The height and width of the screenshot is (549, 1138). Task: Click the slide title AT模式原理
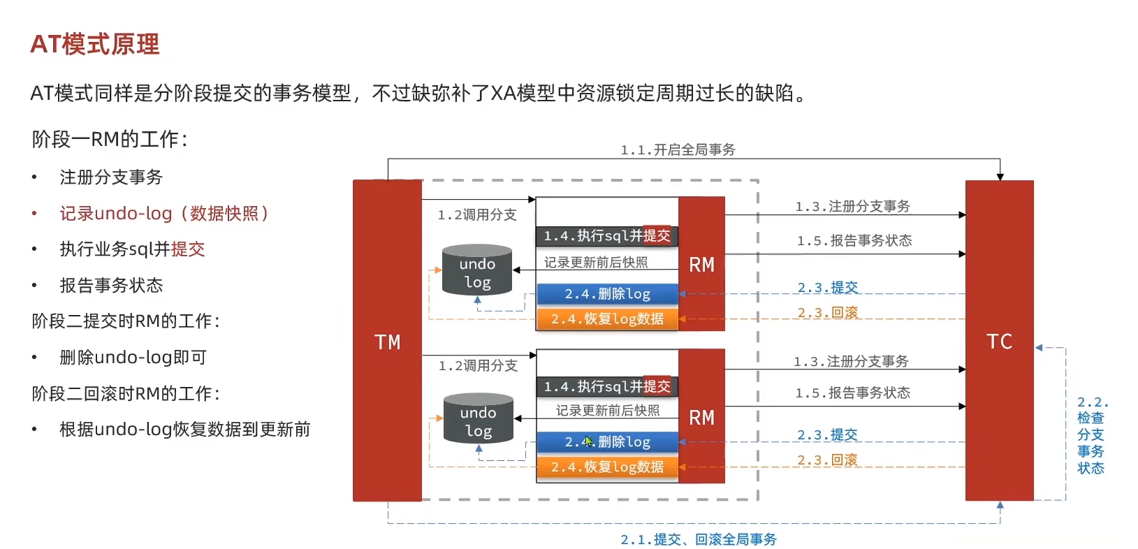coord(95,44)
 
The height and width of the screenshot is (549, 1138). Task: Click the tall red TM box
coord(387,341)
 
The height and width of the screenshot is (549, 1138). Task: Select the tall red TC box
coord(999,341)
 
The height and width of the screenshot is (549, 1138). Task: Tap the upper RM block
coord(701,264)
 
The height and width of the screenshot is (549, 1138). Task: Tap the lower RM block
coord(701,417)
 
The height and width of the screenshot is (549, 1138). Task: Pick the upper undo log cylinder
coord(477,270)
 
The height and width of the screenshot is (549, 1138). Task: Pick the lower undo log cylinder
coord(479,419)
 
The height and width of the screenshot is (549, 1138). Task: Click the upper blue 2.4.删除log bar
coord(607,294)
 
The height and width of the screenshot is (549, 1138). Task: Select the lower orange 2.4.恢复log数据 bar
coord(607,467)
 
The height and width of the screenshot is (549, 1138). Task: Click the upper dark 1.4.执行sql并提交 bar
coord(606,236)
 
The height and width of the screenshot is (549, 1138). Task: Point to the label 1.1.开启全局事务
coord(678,149)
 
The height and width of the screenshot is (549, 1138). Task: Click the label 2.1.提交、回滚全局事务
coord(699,539)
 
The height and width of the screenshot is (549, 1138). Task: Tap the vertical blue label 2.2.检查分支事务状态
coord(1090,435)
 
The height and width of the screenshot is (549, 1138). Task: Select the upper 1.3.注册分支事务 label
coord(852,206)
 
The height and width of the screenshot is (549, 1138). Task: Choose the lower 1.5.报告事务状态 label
coord(852,393)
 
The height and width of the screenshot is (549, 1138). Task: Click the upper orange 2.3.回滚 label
coord(828,312)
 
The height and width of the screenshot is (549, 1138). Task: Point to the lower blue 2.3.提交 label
coord(828,434)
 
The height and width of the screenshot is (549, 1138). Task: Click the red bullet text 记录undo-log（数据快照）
coord(164,213)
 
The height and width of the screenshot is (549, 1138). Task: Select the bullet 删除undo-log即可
coord(133,357)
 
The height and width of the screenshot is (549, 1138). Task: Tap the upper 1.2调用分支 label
coord(477,214)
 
